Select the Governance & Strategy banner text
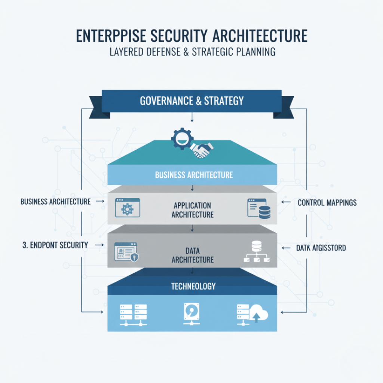tap(191, 101)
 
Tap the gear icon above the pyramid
tap(182, 139)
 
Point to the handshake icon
tap(201, 150)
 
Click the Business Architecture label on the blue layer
tap(194, 175)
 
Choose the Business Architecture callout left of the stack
tap(55, 202)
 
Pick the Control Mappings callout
tap(327, 203)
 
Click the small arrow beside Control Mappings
tap(286, 202)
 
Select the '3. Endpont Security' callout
tap(55, 245)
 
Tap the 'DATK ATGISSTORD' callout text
tap(321, 248)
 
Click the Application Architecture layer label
tap(192, 210)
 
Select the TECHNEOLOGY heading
tap(193, 286)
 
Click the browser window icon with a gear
tap(128, 208)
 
